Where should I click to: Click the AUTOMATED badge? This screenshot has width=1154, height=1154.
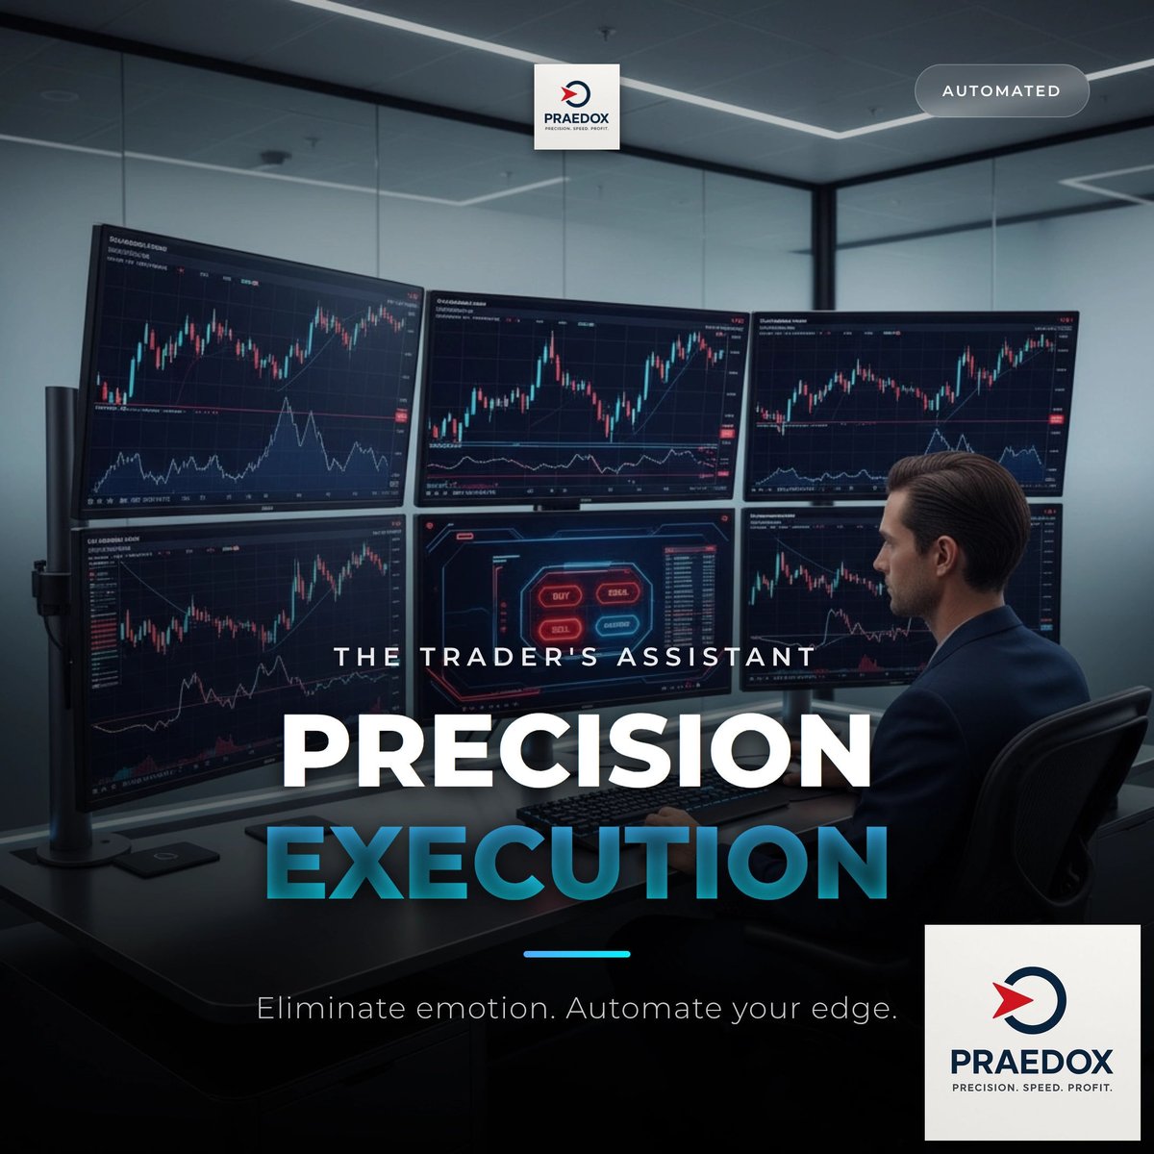click(1001, 91)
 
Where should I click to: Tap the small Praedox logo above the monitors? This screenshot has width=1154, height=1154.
click(577, 106)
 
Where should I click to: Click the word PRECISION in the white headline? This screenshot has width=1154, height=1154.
click(576, 752)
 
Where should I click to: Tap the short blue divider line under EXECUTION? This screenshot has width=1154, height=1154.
click(577, 954)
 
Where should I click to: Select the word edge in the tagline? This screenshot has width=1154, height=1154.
click(854, 1010)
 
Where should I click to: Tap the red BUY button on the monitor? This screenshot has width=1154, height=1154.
click(560, 596)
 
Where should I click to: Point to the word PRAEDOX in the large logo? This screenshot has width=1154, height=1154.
click(1032, 1061)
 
